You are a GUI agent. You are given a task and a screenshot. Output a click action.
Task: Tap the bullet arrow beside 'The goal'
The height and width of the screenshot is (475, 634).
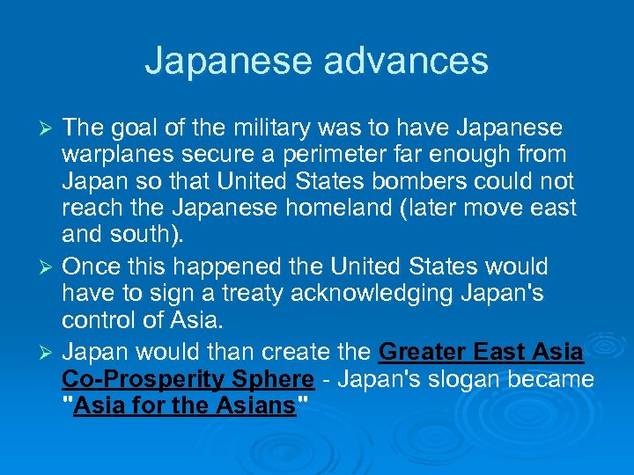48,129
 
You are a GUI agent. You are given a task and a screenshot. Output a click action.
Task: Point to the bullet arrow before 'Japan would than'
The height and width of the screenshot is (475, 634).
48,354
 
